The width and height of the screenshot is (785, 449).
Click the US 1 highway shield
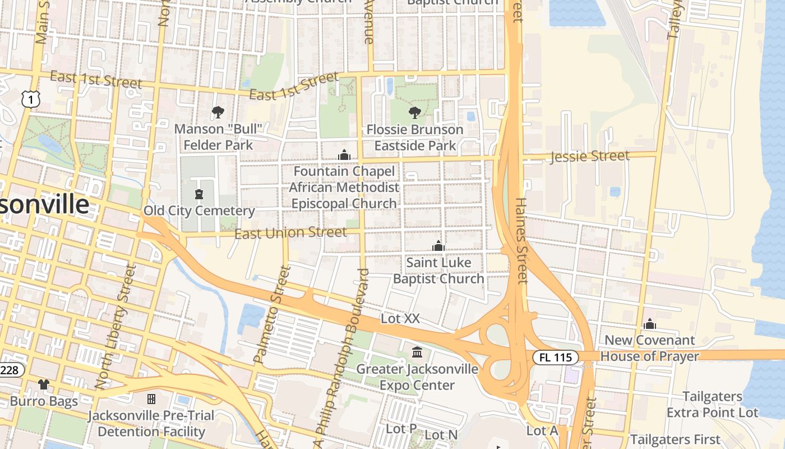(x=31, y=99)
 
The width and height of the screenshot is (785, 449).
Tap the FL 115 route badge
(x=555, y=357)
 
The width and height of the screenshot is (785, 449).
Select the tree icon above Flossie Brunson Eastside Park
(x=415, y=113)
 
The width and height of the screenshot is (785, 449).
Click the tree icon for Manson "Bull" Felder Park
(x=218, y=113)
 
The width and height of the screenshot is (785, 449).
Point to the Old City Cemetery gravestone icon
(x=198, y=195)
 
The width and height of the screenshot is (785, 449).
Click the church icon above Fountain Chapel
(x=344, y=155)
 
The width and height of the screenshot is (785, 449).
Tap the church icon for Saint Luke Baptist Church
(x=438, y=246)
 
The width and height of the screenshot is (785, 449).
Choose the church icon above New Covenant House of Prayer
(x=650, y=324)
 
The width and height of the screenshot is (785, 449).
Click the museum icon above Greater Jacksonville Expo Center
(x=417, y=352)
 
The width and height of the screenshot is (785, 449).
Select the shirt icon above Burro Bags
(x=44, y=384)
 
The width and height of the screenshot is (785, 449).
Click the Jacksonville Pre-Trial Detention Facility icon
(x=151, y=399)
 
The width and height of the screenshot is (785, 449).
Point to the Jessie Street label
(x=590, y=156)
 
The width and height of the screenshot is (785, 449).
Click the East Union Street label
(x=290, y=232)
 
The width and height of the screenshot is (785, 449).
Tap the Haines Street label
(x=521, y=240)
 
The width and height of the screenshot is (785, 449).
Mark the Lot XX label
(x=400, y=318)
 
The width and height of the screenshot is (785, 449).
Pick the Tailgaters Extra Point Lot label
(x=712, y=405)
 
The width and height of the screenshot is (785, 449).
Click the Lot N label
(x=441, y=434)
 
